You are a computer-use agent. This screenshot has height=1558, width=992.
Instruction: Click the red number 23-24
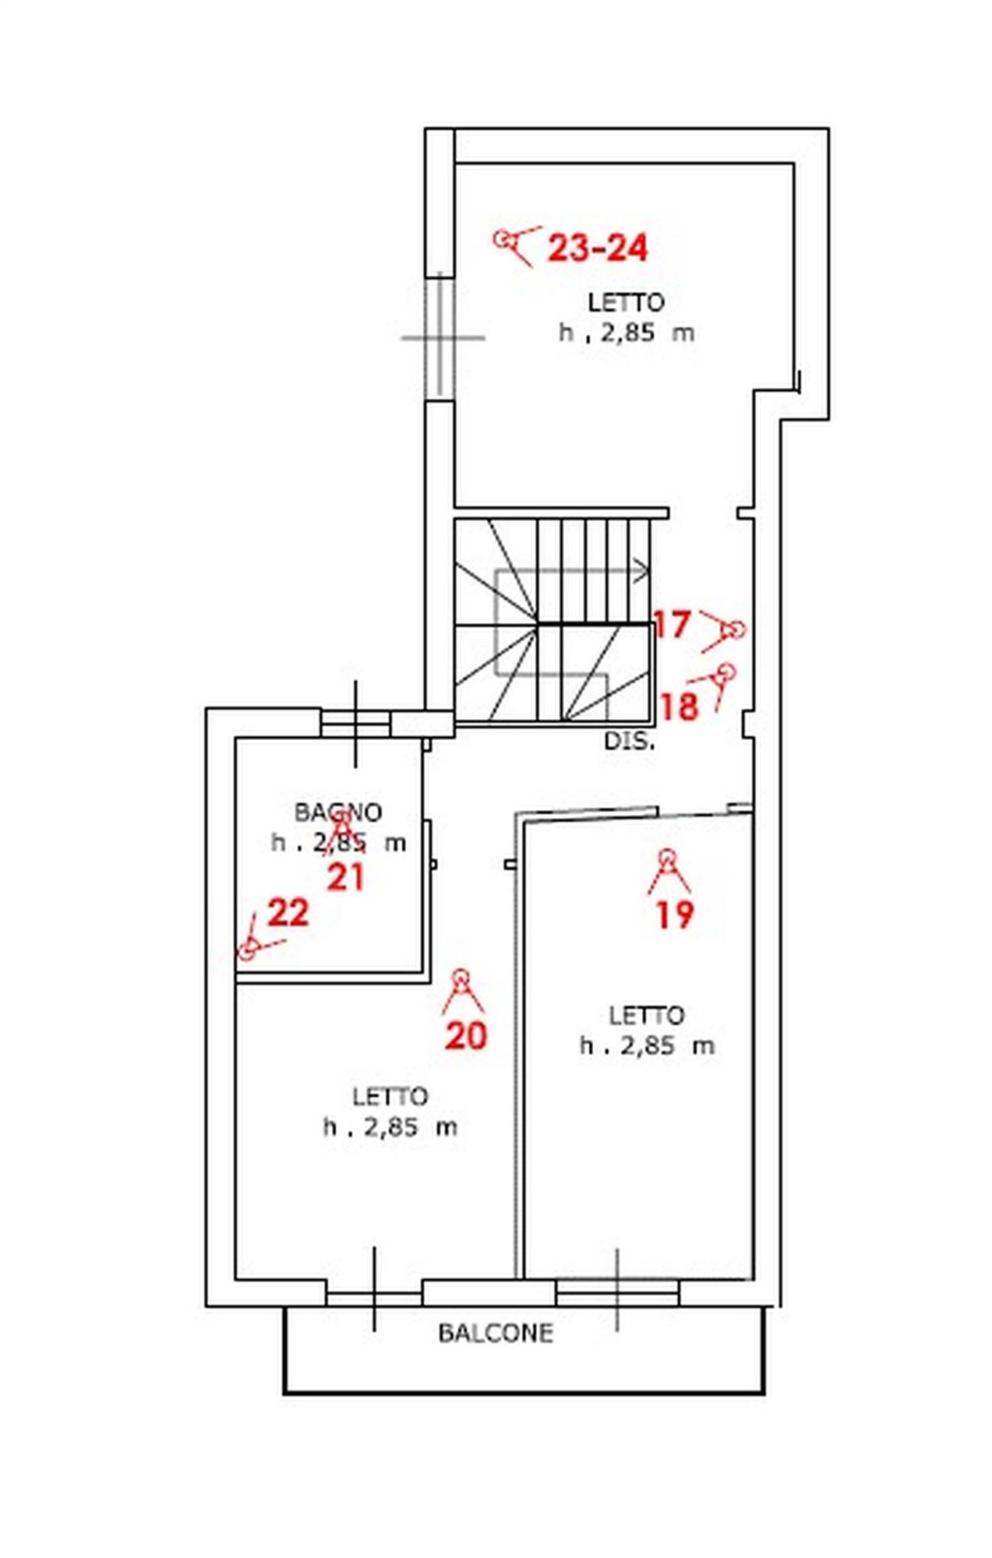[598, 248]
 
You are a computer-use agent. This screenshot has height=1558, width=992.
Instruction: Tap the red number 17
[672, 624]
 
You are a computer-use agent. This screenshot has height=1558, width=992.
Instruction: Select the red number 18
[679, 707]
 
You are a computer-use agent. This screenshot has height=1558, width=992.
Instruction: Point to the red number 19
[675, 914]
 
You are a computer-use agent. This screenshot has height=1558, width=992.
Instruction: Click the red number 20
[466, 1035]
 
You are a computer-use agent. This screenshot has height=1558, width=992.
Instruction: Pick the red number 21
[345, 878]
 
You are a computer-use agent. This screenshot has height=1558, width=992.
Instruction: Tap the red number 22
[288, 912]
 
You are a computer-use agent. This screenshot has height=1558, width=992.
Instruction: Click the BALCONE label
[496, 1333]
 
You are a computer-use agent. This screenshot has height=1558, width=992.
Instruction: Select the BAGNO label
[338, 812]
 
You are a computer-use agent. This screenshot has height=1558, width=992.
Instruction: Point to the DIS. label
[630, 741]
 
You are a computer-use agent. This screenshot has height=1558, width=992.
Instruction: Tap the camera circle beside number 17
[734, 629]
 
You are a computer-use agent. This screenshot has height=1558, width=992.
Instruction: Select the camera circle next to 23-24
[503, 239]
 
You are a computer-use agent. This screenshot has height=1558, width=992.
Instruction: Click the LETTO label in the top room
[626, 302]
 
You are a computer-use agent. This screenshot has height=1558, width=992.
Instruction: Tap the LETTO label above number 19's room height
[646, 1015]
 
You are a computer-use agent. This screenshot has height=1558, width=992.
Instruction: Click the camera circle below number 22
[247, 950]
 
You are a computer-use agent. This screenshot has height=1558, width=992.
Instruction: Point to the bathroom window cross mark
[356, 724]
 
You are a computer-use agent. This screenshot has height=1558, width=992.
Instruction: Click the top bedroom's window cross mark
[442, 338]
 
